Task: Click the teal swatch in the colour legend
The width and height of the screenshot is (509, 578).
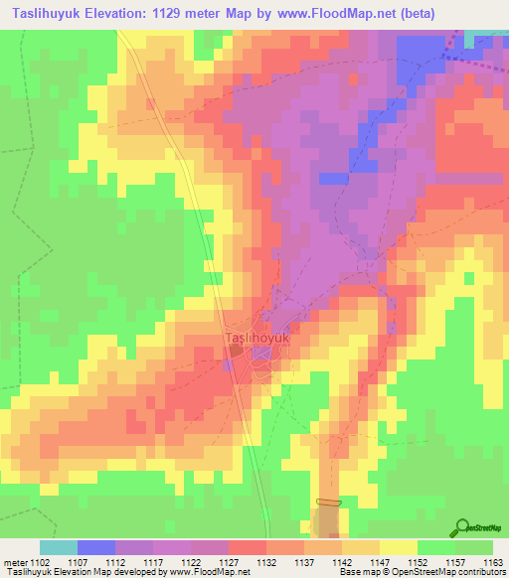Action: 59,547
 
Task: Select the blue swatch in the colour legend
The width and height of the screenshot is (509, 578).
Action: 96,547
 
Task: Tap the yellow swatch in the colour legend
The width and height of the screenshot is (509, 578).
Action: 398,547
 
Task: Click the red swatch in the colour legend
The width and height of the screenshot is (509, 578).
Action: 247,547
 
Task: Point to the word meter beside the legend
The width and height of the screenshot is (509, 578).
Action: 16,561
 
